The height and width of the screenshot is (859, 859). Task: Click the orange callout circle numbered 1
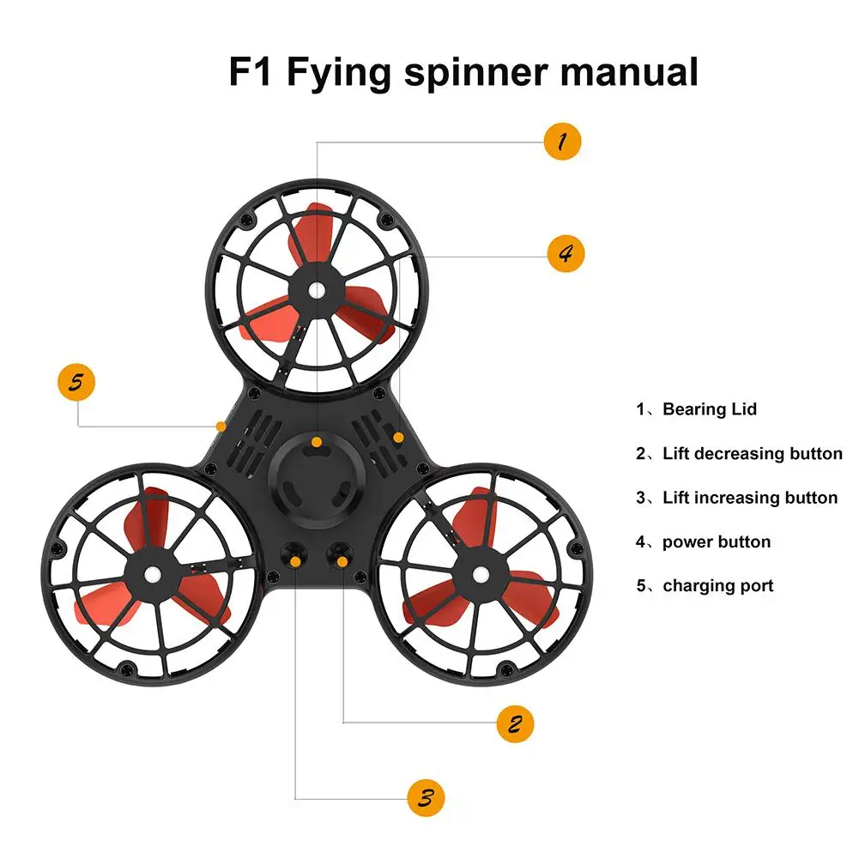point(563,141)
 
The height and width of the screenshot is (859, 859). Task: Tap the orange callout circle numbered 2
point(515,723)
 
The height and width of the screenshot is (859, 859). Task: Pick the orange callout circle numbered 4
point(566,254)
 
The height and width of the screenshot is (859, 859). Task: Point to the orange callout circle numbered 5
point(76,382)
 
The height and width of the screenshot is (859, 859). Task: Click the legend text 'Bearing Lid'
point(709,409)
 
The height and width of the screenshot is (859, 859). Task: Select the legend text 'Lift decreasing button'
point(752,453)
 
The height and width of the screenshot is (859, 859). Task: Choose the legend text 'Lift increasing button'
point(749,498)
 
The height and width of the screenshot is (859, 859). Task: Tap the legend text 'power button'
point(716,542)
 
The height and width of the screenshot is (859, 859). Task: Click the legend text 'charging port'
point(717,586)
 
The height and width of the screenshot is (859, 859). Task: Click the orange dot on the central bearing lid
point(317,442)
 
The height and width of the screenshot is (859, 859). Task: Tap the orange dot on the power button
point(398,438)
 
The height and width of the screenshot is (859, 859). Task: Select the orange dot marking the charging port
point(221,425)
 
